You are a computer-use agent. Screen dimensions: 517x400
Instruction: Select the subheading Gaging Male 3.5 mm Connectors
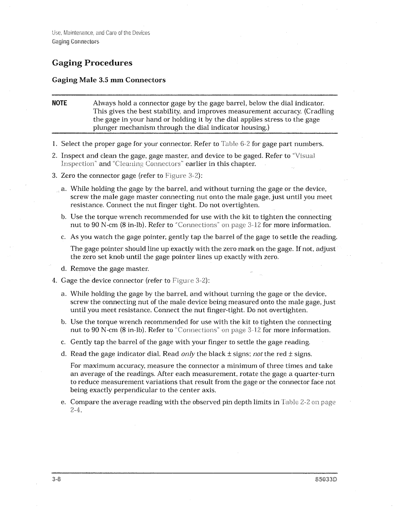pos(108,80)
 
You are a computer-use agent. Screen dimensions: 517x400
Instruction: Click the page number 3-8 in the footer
pos(56,479)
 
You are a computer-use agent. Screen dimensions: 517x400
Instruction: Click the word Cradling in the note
pos(320,111)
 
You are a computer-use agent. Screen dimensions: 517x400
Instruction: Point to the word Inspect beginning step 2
pos(72,156)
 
